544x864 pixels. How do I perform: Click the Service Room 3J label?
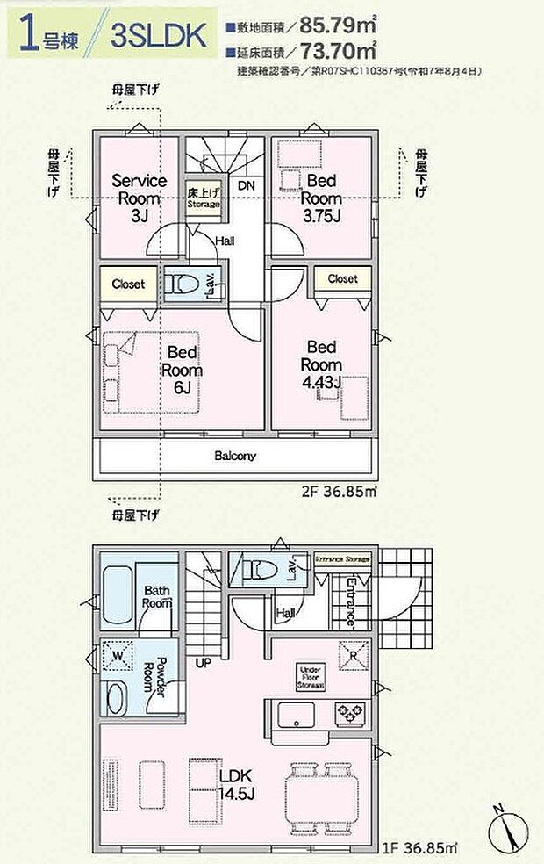pyautogui.click(x=140, y=197)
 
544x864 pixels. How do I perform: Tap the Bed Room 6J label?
pyautogui.click(x=182, y=370)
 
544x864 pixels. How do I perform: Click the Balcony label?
pyautogui.click(x=235, y=456)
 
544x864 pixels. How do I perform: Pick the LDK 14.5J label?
pyautogui.click(x=236, y=785)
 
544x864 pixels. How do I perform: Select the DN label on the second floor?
pyautogui.click(x=247, y=186)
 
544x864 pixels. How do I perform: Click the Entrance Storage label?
pyautogui.click(x=343, y=559)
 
